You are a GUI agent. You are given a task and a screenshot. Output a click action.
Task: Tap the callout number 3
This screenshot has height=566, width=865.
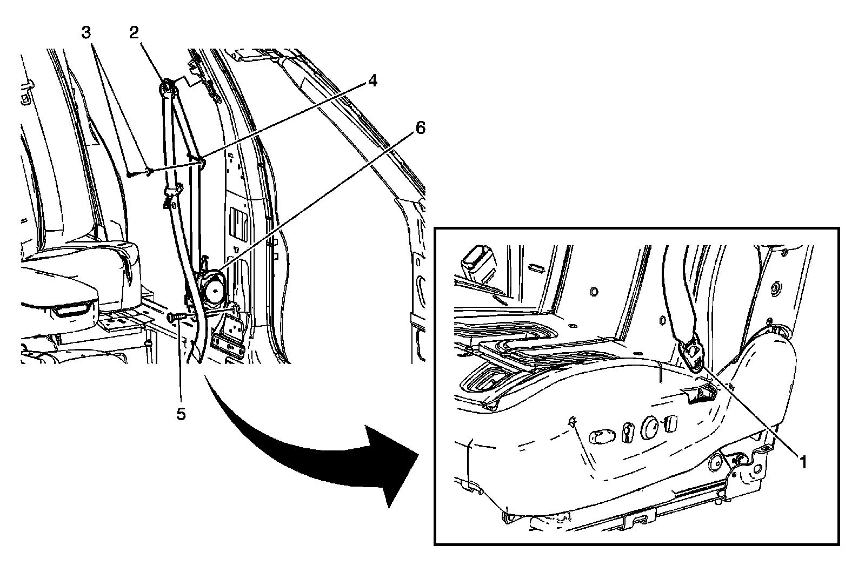[x=86, y=32]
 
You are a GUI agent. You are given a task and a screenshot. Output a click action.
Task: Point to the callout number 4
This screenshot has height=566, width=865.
[x=372, y=80]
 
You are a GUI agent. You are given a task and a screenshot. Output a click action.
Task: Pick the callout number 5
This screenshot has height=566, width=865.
[x=181, y=414]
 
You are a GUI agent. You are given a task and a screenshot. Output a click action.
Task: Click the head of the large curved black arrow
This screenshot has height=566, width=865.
[x=395, y=464]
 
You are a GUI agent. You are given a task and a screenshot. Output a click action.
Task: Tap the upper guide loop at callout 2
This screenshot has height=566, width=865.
[x=167, y=86]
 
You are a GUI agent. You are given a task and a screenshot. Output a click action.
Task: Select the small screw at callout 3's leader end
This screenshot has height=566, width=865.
[x=131, y=174]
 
